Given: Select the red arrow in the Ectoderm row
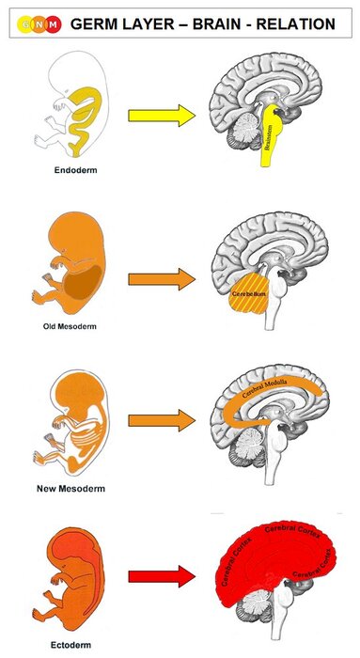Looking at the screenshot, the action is point(161,571).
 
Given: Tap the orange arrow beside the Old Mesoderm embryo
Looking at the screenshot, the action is point(161,278).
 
